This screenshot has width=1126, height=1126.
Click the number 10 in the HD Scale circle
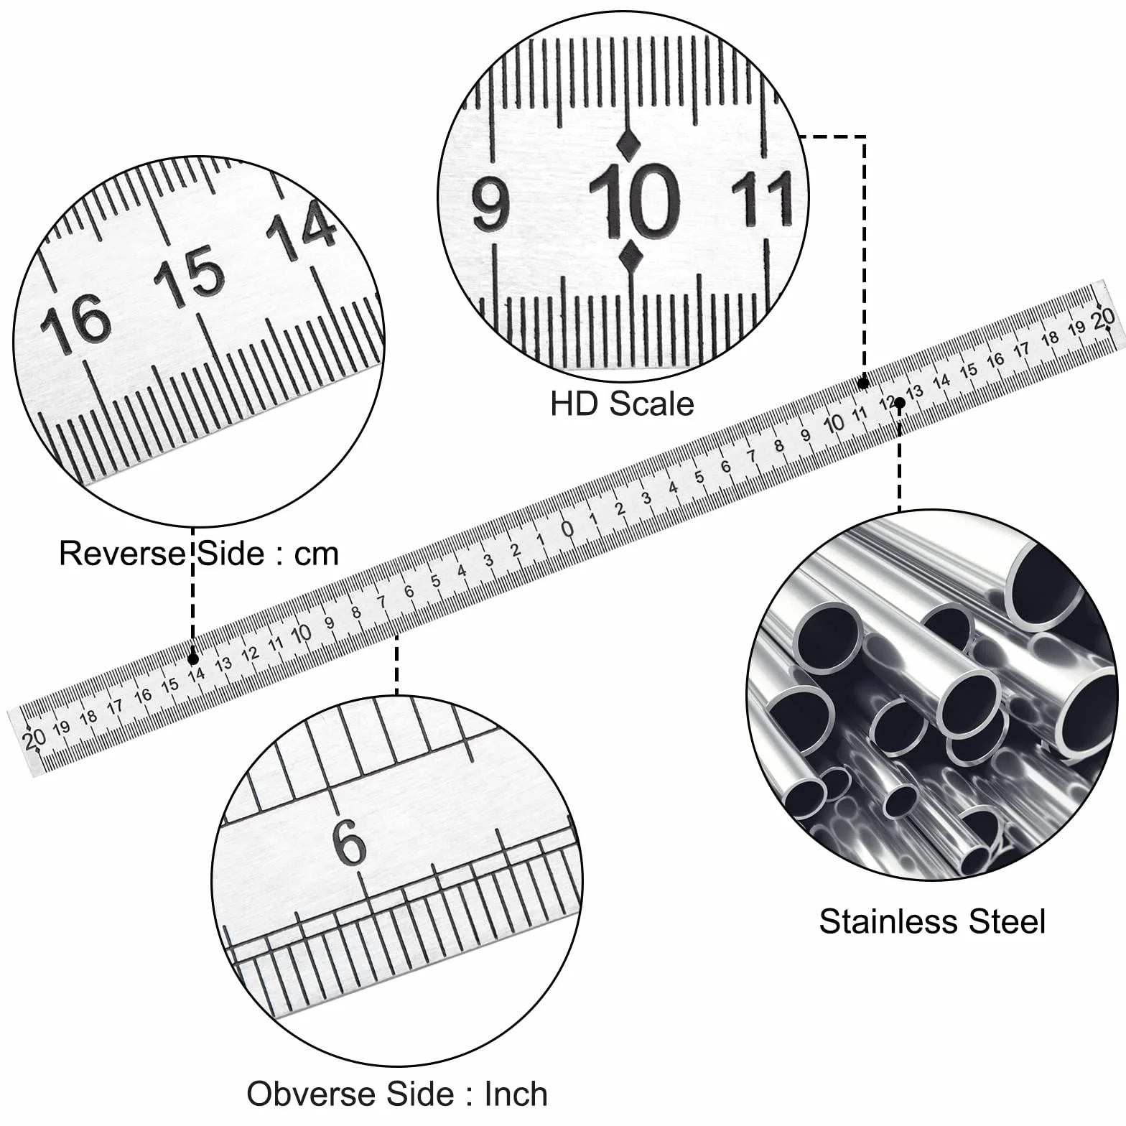[634, 201]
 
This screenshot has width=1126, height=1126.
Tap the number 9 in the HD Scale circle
[491, 205]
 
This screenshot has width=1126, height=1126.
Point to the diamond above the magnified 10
[629, 144]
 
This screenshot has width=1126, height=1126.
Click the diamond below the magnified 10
[631, 258]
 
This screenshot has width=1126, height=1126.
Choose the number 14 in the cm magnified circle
[301, 228]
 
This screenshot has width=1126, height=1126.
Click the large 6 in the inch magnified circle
[350, 842]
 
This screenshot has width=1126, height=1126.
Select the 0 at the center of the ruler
[567, 529]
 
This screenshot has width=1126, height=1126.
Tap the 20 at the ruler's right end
[1103, 317]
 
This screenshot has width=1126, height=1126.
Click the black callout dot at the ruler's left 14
[193, 659]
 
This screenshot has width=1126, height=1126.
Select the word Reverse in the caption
[122, 554]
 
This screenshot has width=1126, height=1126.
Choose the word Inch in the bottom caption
[516, 1094]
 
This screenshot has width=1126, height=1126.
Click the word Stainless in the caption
[888, 921]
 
